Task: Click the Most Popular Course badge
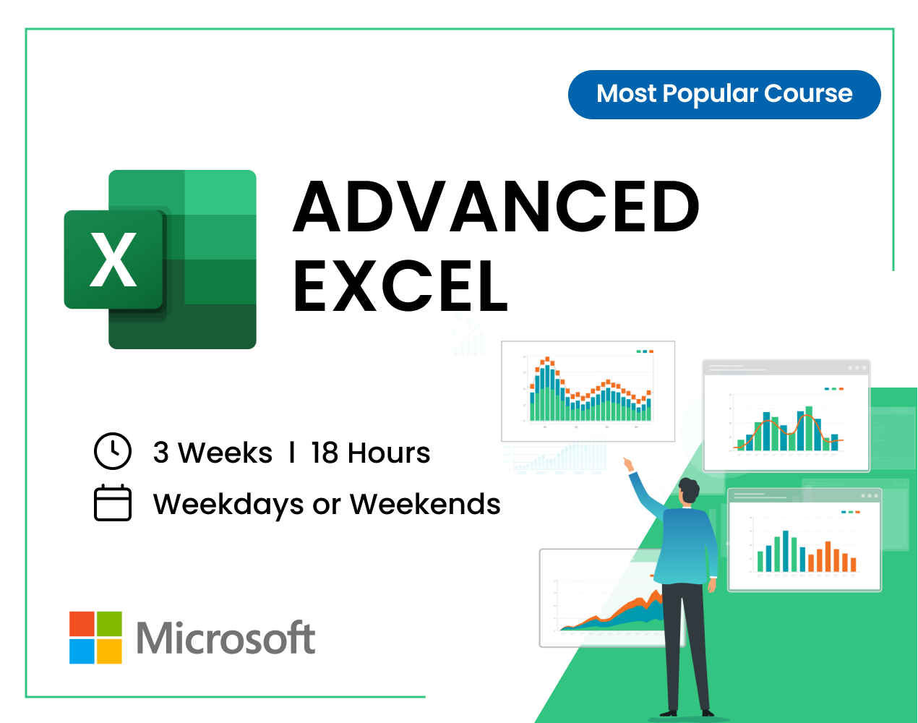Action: [724, 94]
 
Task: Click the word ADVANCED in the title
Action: [496, 207]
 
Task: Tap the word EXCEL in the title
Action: [400, 286]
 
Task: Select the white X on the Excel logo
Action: [113, 259]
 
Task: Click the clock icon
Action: [113, 451]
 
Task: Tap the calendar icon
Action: [113, 502]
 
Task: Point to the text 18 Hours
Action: [370, 453]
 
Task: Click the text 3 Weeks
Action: [213, 453]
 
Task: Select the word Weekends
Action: [425, 504]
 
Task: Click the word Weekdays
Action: [228, 505]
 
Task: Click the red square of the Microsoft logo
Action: [82, 624]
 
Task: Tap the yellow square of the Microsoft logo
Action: [109, 651]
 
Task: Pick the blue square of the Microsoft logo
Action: [82, 651]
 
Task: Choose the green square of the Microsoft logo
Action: [109, 624]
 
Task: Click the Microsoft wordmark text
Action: [226, 638]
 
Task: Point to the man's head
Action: [688, 491]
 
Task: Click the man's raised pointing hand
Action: [628, 464]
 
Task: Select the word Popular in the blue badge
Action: [710, 94]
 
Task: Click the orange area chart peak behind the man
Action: [655, 594]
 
